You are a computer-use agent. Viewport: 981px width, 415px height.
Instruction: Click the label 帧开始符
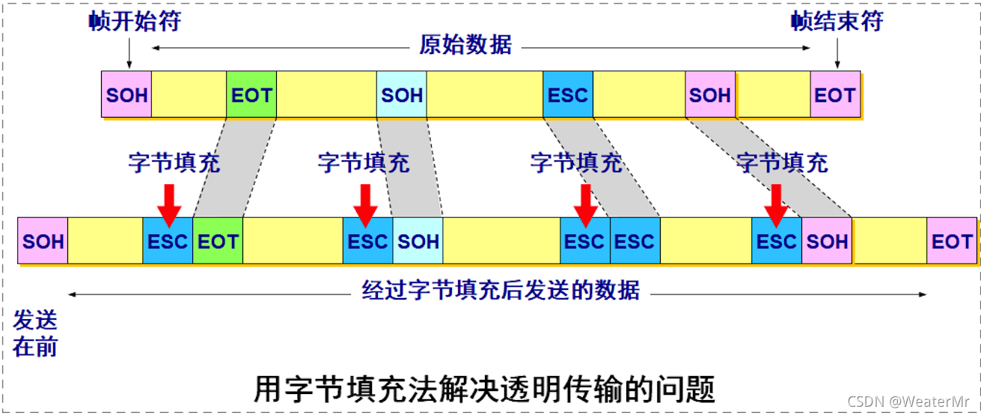coord(134,21)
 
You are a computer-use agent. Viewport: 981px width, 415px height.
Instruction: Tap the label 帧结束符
coord(837,21)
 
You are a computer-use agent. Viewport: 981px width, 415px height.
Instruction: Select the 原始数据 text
coord(465,45)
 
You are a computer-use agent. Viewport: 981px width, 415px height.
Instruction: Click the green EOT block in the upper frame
coord(251,95)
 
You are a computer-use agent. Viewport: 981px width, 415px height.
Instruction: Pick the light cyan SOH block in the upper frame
coord(402,95)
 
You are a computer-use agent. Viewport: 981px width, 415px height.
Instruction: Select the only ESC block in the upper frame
coord(567,95)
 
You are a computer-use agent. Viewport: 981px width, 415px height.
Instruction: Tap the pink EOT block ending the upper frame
coord(835,95)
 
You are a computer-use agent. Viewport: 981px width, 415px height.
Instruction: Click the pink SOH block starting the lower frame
coord(43,241)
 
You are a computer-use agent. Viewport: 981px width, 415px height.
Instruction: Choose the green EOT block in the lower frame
coord(218,241)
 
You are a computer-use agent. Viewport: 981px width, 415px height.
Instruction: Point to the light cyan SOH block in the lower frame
coord(418,241)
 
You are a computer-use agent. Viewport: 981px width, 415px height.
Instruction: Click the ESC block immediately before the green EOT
coord(168,241)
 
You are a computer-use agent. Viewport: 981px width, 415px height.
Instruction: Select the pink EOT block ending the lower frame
coord(952,241)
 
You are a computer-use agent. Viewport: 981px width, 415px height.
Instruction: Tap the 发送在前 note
coord(35,333)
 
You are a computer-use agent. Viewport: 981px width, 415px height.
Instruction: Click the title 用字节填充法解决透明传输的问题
coord(485,390)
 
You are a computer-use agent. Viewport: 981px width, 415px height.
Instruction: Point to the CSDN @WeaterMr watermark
coord(924,402)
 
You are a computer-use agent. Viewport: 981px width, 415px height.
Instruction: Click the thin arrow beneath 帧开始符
coord(129,53)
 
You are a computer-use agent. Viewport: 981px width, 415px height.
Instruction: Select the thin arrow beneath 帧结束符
coord(837,53)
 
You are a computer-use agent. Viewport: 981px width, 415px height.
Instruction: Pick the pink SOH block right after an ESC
coord(827,241)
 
